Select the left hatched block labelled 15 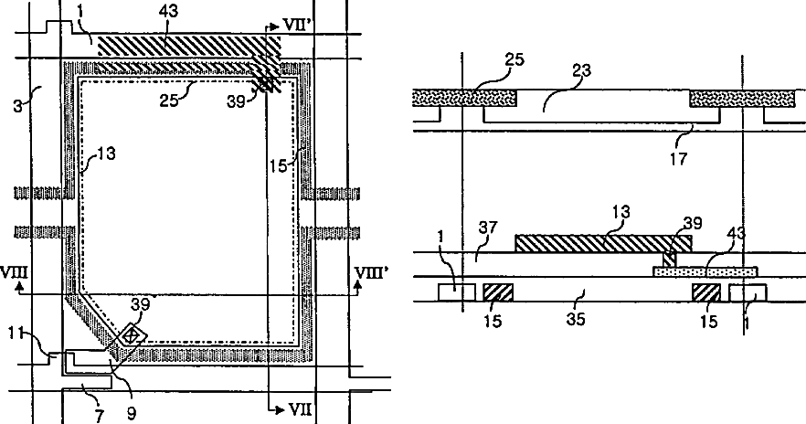pos(498,292)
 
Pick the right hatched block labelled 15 pos(706,292)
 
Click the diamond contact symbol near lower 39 pos(132,335)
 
